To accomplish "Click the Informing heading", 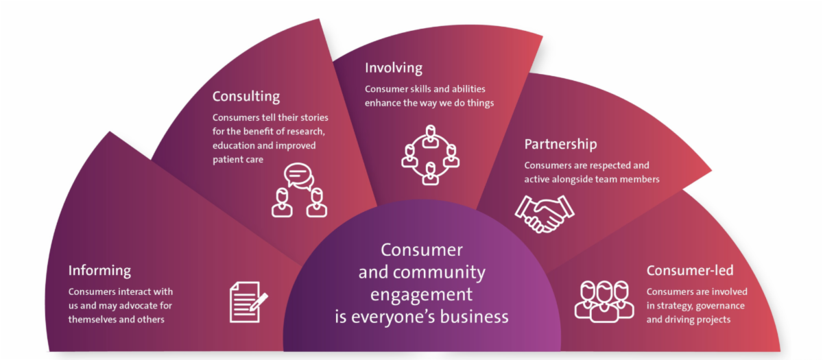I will [99, 271].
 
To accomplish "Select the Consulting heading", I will [246, 96].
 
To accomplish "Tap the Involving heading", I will [394, 68].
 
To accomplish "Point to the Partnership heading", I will [560, 144].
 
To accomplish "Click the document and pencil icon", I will [248, 302].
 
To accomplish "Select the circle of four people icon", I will [430, 155].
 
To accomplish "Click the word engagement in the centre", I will [422, 294].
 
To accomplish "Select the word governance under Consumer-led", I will [718, 306].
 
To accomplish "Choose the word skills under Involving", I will [426, 89].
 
